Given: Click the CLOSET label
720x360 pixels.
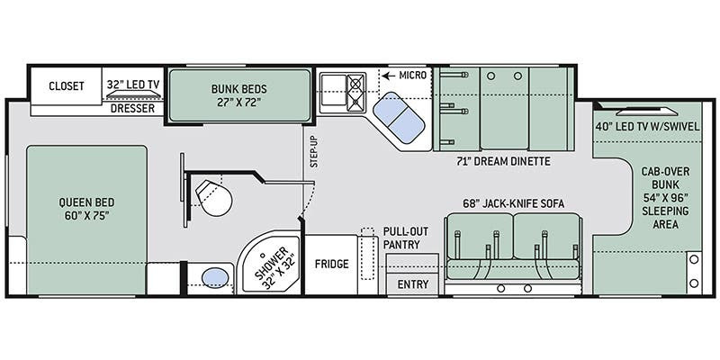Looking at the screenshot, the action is click(x=67, y=85).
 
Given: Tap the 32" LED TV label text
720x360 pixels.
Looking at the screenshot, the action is click(x=133, y=85).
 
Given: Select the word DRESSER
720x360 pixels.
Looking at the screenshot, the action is click(x=132, y=109).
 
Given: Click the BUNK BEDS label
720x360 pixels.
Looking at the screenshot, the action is click(x=238, y=88).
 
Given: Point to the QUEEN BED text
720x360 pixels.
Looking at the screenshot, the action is click(x=86, y=202).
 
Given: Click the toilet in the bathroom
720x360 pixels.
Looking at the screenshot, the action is click(x=213, y=197).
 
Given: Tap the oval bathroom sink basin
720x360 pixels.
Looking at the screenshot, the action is click(x=215, y=278).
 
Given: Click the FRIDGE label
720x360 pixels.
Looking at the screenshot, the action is click(x=331, y=264).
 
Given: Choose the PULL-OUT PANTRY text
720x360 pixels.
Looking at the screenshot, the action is click(x=401, y=238).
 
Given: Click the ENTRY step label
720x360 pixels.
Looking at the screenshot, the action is click(x=413, y=284).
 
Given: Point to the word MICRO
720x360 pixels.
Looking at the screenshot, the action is click(x=413, y=75).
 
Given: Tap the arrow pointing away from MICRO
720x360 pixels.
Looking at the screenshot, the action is click(x=389, y=76).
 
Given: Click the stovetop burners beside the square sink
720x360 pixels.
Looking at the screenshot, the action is click(x=355, y=94).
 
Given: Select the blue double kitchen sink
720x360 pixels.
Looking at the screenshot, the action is click(x=398, y=117).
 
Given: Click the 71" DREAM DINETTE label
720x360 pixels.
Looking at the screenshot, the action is click(x=504, y=161).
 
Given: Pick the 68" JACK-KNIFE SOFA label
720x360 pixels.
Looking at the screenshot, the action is click(x=513, y=203).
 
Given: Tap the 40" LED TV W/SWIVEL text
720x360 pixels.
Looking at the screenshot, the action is click(x=648, y=127).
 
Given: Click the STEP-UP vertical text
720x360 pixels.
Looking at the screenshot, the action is click(x=314, y=152).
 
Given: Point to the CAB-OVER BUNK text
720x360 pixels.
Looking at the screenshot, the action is click(x=665, y=178).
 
